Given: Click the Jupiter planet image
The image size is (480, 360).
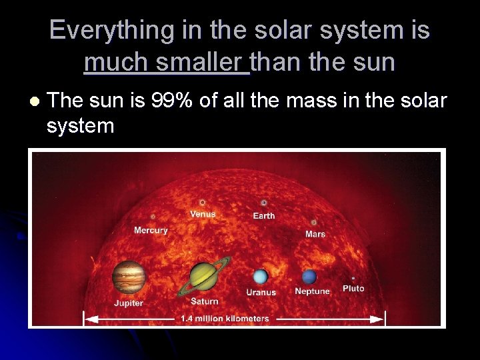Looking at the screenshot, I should pos(129,277).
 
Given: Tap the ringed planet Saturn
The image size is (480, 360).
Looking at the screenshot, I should pos(203,277).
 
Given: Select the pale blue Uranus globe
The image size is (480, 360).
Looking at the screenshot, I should pos(261,277).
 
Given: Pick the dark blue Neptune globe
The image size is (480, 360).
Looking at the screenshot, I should pos(309,277).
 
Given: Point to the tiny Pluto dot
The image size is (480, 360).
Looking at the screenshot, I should pos(353,278).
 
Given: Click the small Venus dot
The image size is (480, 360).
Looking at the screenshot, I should pos(202,203).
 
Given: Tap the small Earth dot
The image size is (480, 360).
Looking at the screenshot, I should pos(264,203).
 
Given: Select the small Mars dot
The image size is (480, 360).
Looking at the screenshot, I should pos(314,223).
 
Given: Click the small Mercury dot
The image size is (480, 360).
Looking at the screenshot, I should pos(153,217).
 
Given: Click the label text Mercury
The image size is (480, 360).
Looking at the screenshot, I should pos(151,231).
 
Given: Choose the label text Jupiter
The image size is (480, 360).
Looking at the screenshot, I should pos(128,303).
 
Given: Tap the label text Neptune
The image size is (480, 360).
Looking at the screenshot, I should pos(312,291).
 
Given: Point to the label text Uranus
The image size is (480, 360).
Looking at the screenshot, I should pos(261,292).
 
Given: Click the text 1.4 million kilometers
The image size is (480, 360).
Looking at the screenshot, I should pos(225,319).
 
